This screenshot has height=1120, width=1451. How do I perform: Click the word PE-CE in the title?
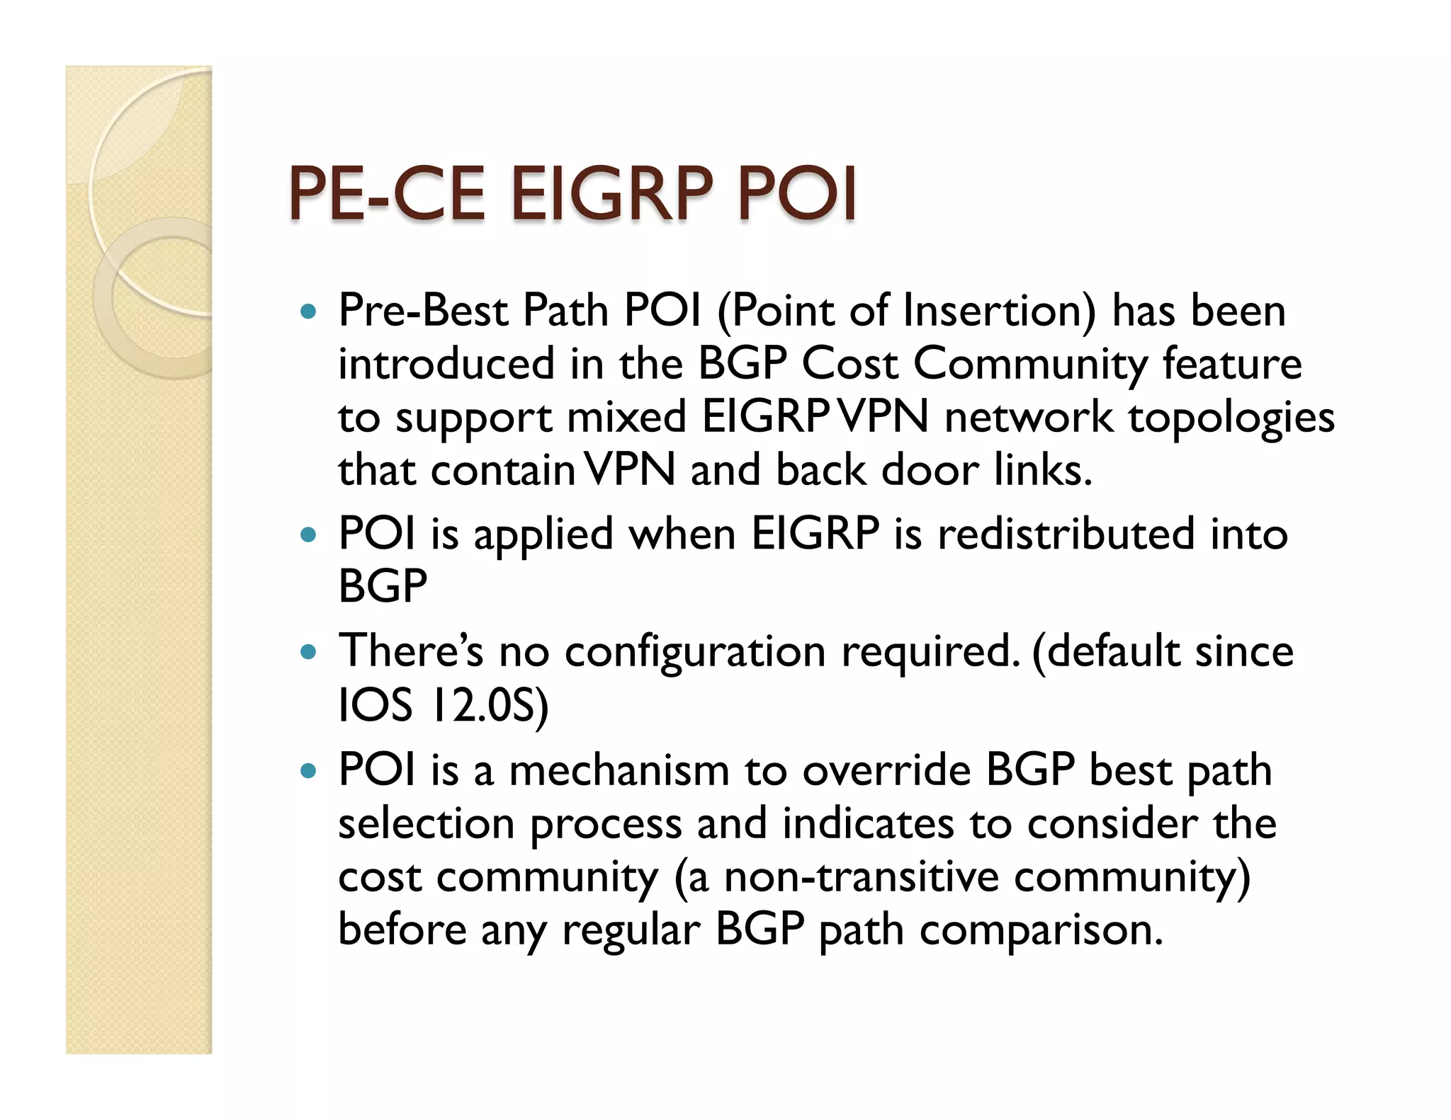coord(387,193)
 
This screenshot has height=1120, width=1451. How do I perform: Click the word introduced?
coord(446,364)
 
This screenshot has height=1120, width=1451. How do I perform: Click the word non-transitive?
coord(860,876)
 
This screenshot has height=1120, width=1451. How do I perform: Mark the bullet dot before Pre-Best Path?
coord(306,311)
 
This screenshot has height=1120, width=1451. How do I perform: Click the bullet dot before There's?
coord(306,651)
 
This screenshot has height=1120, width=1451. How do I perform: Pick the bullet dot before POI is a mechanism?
coord(306,770)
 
